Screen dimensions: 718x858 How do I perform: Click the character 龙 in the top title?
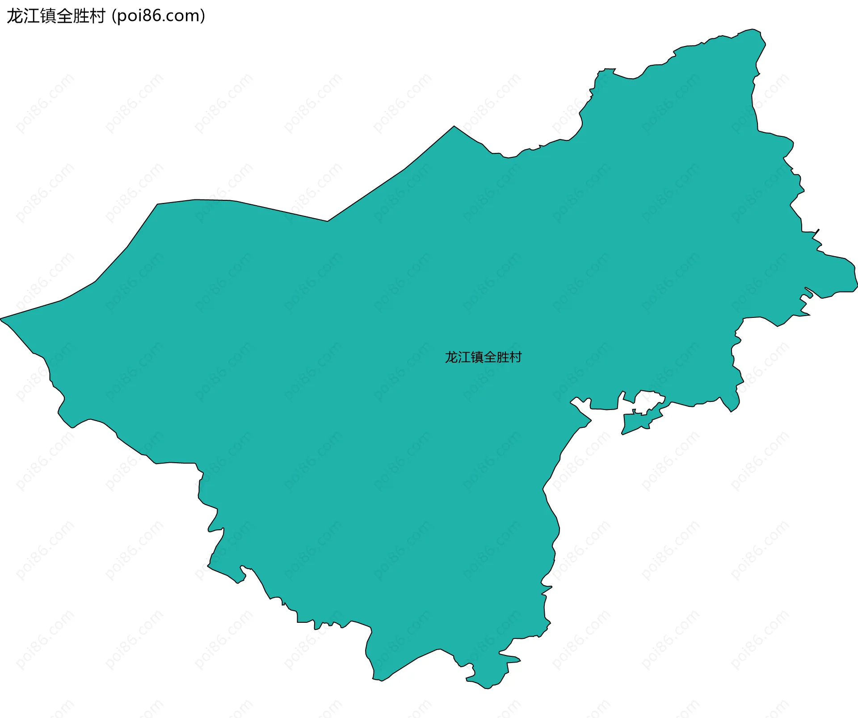click(x=15, y=16)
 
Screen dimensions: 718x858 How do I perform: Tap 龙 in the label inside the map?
click(x=451, y=357)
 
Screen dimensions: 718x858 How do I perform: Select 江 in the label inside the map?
click(x=464, y=357)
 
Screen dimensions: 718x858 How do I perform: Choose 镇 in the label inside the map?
click(x=477, y=357)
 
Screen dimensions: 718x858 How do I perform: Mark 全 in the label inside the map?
click(x=490, y=357)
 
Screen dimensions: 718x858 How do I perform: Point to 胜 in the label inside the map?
click(x=503, y=357)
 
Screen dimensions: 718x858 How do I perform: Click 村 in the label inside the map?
click(x=516, y=357)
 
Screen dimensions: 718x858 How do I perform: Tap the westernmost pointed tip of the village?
click(x=1, y=319)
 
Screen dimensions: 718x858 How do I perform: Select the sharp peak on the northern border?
click(x=454, y=127)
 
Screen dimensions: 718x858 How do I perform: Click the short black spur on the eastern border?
click(x=816, y=232)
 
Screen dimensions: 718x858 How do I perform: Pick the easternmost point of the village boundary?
click(x=857, y=286)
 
